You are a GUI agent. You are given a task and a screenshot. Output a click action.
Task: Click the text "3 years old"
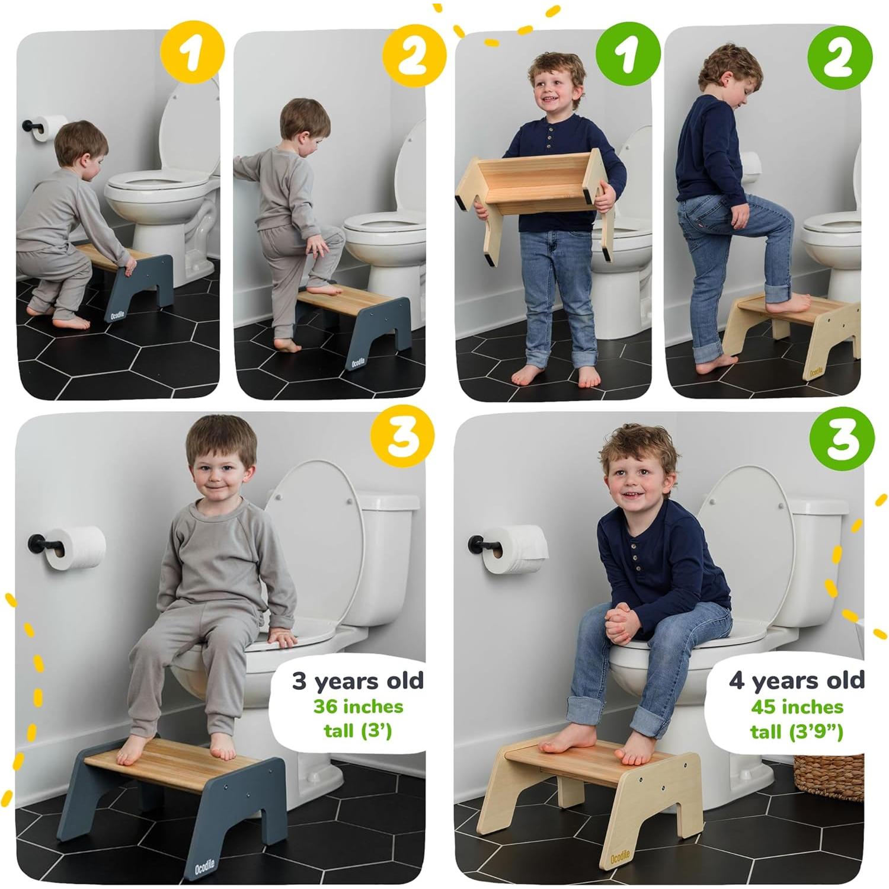pyautogui.click(x=358, y=681)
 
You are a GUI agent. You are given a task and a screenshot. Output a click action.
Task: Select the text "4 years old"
pyautogui.click(x=796, y=680)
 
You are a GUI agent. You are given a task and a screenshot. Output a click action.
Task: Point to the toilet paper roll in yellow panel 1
pyautogui.click(x=50, y=128)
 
